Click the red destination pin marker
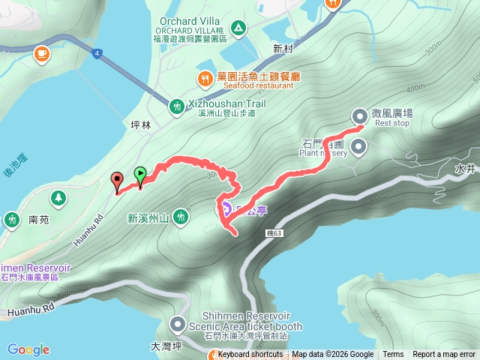[x=117, y=180]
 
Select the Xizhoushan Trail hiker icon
[x=176, y=106]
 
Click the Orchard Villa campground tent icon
[x=238, y=28]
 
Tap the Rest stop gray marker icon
[x=359, y=115]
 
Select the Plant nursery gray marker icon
[x=358, y=148]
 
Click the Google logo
[x=28, y=349]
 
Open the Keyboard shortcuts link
[x=250, y=355]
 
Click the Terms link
[x=393, y=355]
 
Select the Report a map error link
[x=444, y=355]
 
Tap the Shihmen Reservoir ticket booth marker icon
[x=178, y=325]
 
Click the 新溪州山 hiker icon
[x=180, y=217]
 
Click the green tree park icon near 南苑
[x=57, y=198]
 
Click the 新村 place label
[x=284, y=49]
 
